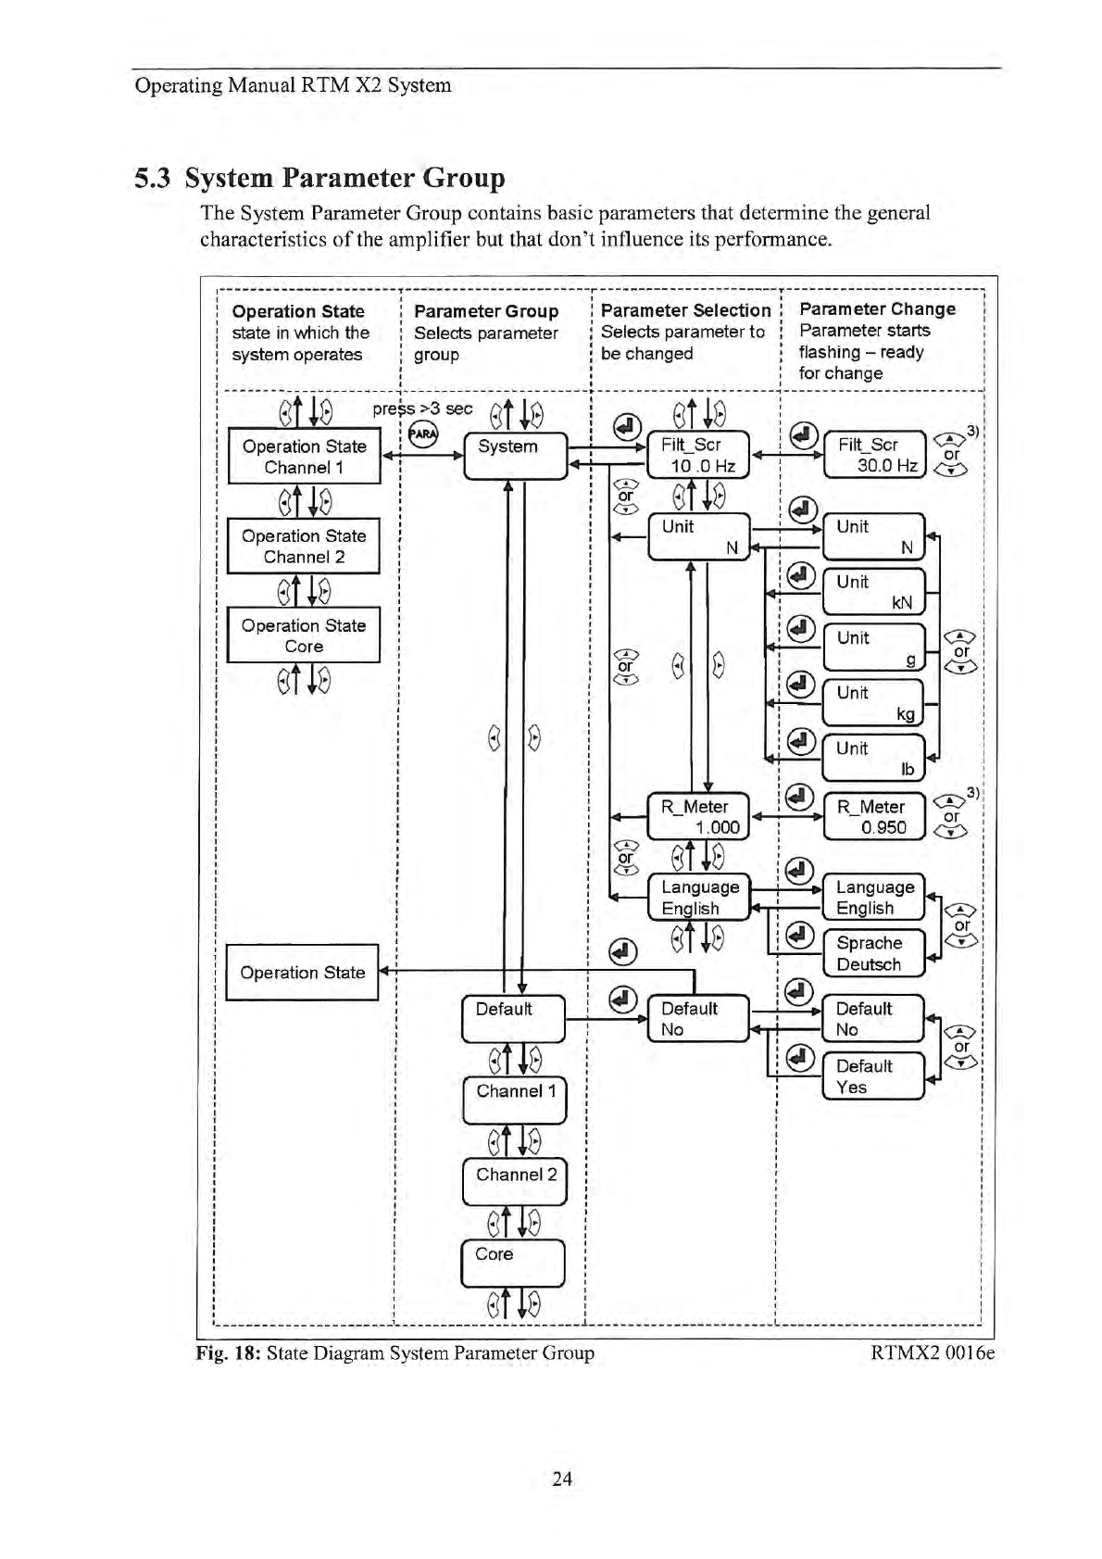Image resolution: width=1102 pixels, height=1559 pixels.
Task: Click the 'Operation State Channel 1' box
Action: pyautogui.click(x=304, y=456)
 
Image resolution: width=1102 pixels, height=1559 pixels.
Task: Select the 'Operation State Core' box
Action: pyautogui.click(x=304, y=635)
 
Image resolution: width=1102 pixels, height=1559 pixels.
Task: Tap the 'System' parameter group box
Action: pyautogui.click(x=514, y=455)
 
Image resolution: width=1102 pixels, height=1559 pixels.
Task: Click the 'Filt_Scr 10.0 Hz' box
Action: pyautogui.click(x=697, y=455)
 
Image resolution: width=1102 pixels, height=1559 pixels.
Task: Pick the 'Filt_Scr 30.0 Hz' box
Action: pyautogui.click(x=874, y=454)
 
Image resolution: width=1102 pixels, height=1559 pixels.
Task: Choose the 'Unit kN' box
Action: pyautogui.click(x=873, y=592)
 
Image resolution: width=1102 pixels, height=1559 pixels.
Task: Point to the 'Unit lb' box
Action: pyautogui.click(x=873, y=758)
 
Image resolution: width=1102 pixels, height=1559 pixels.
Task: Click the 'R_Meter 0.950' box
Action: pyautogui.click(x=874, y=816)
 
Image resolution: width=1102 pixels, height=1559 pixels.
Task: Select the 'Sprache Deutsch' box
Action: pyautogui.click(x=873, y=953)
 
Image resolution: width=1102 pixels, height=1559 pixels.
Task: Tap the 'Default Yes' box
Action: pyautogui.click(x=873, y=1076)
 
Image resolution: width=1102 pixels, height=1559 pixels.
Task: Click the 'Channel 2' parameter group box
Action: pyautogui.click(x=514, y=1182)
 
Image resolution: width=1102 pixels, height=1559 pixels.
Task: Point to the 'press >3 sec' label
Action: pyautogui.click(x=422, y=409)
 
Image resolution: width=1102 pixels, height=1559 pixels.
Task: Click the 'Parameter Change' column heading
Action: pyautogui.click(x=877, y=309)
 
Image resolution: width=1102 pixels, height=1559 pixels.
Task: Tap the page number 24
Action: pyautogui.click(x=562, y=1478)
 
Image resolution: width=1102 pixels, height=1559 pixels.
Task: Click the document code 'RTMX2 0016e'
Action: pyautogui.click(x=933, y=1353)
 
